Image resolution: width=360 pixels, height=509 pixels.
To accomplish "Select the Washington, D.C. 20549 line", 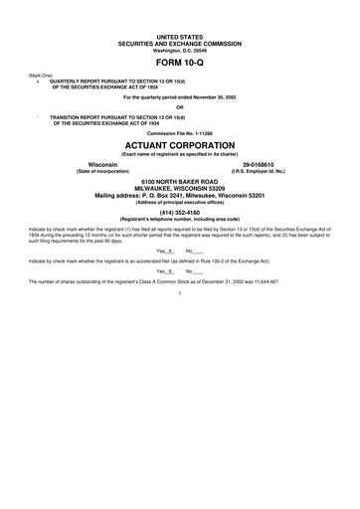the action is (x=179, y=46).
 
